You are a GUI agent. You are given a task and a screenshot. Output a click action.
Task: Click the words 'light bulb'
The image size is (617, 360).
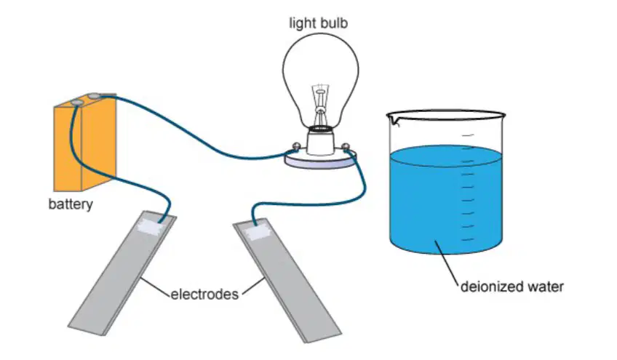click(319, 23)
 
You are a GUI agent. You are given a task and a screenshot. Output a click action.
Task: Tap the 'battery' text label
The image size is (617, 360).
click(71, 204)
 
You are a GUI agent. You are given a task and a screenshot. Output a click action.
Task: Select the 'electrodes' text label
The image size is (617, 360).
click(204, 295)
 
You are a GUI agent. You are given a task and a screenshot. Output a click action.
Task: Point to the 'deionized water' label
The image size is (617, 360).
click(512, 287)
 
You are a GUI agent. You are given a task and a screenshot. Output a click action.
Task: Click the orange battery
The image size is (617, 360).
click(84, 145)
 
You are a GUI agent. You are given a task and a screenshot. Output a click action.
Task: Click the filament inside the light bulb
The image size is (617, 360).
click(321, 104)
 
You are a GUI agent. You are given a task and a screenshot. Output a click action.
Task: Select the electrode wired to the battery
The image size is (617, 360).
click(122, 273)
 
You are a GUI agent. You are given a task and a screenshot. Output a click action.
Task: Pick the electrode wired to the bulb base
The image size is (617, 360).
click(287, 280)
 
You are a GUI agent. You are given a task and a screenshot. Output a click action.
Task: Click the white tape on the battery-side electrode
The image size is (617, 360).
click(151, 228)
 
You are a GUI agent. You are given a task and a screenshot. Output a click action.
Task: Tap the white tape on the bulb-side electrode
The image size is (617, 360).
click(258, 233)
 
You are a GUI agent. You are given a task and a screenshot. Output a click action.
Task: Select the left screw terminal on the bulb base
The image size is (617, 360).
click(295, 148)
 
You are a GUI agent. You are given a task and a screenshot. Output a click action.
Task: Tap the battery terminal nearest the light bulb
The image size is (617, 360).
click(95, 95)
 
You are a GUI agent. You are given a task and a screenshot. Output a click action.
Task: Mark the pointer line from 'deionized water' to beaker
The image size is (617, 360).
click(447, 263)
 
